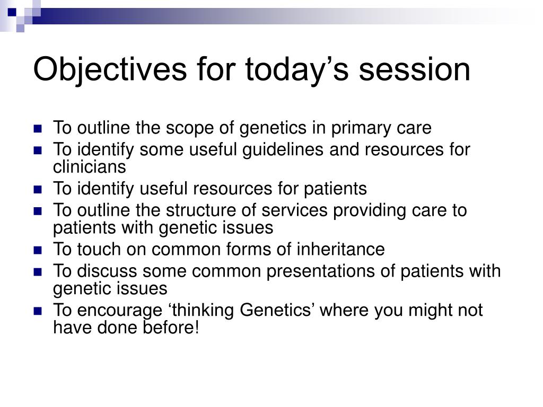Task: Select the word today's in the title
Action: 297,70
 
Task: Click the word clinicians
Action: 89,167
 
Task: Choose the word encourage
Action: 119,311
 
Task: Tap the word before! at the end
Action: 171,328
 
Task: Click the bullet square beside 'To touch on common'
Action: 38,250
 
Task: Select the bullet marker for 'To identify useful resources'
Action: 38,189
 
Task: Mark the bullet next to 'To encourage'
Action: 38,311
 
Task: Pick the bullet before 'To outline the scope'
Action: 38,129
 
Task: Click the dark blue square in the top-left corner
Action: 12,13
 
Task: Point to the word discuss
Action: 107,271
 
